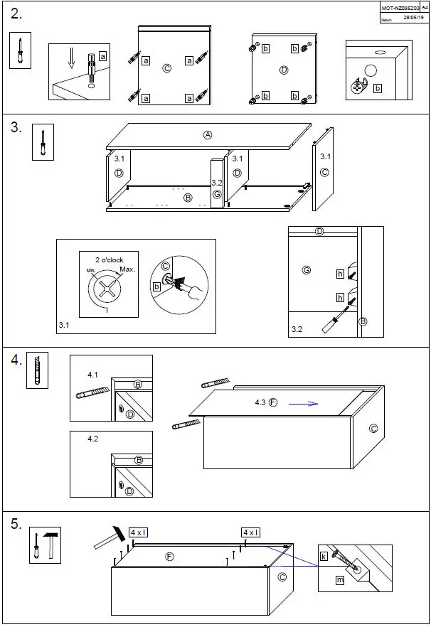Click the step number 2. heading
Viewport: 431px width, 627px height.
[17, 14]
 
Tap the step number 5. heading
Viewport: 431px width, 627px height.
[17, 525]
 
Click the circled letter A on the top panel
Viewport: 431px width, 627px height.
[208, 135]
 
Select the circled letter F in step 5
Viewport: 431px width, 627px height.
[169, 557]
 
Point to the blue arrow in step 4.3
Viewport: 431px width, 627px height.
[303, 403]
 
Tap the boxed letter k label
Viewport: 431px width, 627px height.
[324, 557]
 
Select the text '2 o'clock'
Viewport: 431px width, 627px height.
[109, 260]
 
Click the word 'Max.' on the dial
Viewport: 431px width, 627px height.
[127, 269]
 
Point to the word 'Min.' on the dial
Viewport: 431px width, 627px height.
[92, 272]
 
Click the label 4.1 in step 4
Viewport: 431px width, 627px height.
[93, 374]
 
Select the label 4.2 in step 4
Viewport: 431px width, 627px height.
[93, 439]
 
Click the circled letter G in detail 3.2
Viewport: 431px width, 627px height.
[307, 270]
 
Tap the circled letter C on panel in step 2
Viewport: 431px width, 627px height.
[166, 68]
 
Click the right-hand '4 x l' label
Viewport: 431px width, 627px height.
[250, 532]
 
